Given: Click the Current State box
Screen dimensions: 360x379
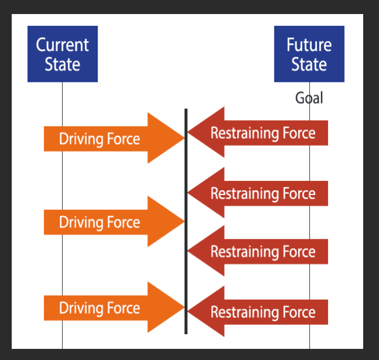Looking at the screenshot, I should point(63,54).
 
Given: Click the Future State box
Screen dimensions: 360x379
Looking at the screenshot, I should point(309,54).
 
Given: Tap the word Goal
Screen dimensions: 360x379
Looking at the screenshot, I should point(309,98).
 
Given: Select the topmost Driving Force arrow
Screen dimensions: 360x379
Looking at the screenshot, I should point(111,139).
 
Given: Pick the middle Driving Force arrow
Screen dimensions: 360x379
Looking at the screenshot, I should point(111,222).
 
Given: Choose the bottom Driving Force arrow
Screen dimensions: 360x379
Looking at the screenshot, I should point(111,308).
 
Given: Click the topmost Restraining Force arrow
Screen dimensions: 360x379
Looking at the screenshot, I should point(263,133).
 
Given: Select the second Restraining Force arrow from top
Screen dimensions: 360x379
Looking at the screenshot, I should point(263,193).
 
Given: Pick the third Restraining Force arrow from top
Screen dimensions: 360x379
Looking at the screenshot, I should point(263,252).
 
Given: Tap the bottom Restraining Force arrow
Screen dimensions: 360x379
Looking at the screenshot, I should point(263,312).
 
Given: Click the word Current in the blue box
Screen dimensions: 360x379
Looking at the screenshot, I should point(63,44).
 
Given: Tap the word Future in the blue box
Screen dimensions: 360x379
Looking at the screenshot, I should point(309,44).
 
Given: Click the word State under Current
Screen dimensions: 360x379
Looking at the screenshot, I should point(63,64).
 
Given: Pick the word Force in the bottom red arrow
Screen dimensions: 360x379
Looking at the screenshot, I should point(299,312).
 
